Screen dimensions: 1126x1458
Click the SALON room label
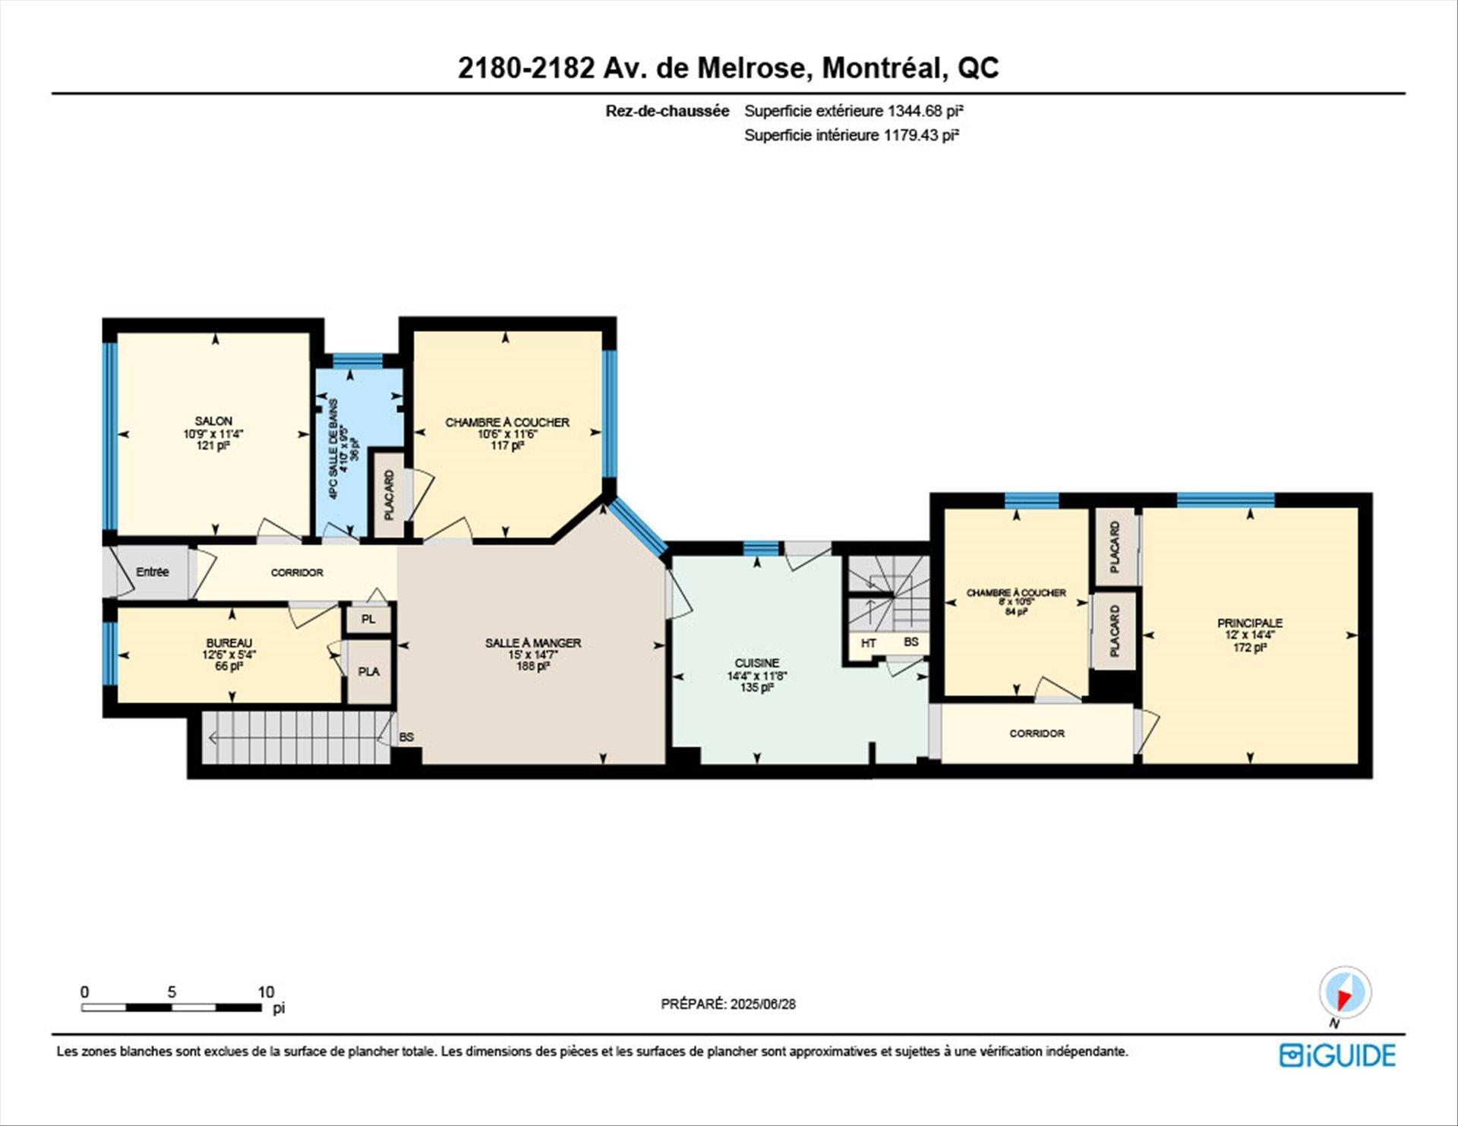[x=213, y=421]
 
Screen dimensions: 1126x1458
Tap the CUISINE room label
[x=756, y=663]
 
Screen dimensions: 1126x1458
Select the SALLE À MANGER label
[x=533, y=642]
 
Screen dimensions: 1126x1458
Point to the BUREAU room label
[x=229, y=642]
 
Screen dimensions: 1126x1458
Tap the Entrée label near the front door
[x=152, y=572]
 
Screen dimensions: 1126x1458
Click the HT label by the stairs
[x=869, y=643]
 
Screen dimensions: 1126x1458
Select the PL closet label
[x=368, y=620]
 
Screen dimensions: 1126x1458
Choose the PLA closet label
[x=368, y=672]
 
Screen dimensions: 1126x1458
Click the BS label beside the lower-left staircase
[x=406, y=737]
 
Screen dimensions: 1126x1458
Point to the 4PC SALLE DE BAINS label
[x=333, y=448]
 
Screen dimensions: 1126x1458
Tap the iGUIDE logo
[x=1337, y=1056]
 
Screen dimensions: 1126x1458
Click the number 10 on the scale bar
[x=265, y=992]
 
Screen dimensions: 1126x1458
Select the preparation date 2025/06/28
[x=762, y=1004]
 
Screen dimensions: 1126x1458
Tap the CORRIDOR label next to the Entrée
[x=297, y=572]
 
